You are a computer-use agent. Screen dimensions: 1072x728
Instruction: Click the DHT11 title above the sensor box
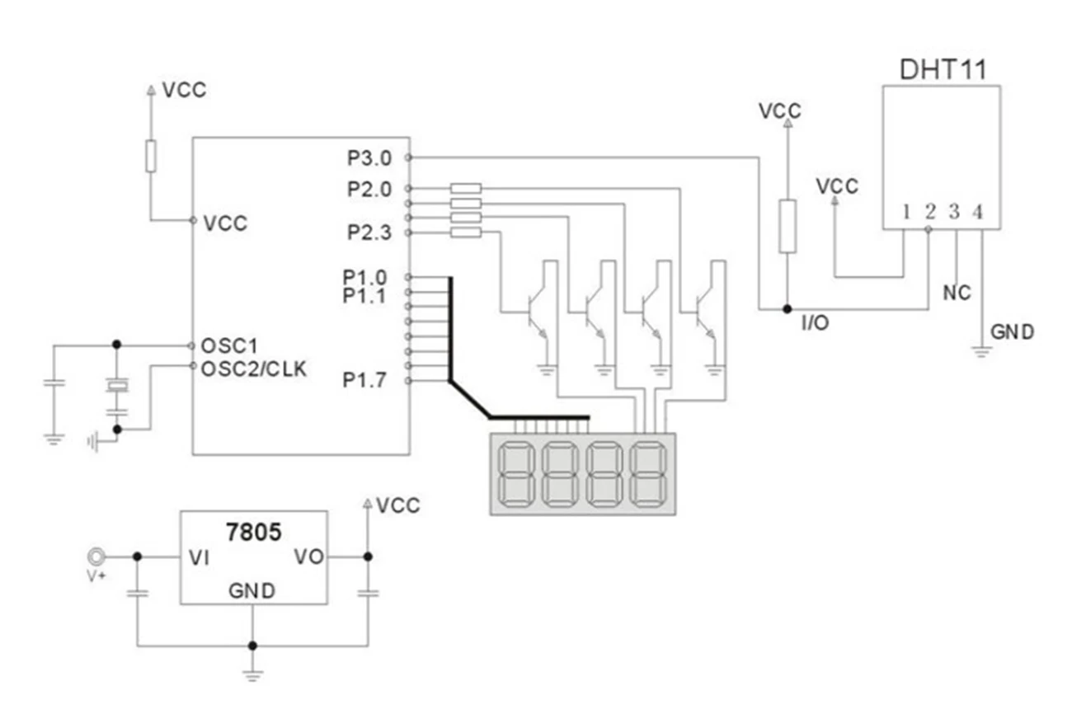(943, 70)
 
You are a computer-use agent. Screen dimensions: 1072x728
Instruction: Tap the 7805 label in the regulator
(254, 533)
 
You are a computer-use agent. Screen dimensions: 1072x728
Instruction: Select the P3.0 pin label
(369, 158)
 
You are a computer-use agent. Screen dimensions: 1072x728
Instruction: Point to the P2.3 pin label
(369, 232)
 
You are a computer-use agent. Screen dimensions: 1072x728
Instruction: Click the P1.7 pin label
(364, 381)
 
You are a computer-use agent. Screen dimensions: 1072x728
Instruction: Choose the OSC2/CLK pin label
(254, 369)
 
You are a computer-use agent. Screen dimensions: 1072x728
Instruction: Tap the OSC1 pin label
(229, 345)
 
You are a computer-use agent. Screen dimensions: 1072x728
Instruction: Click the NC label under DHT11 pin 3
(957, 293)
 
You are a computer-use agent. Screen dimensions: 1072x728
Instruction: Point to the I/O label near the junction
(816, 323)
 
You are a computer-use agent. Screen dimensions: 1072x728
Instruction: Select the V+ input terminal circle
(96, 557)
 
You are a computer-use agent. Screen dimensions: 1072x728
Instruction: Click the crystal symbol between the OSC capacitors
(117, 385)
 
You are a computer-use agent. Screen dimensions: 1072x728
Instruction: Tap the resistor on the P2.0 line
(466, 189)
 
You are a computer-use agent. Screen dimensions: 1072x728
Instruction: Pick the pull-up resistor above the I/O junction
(788, 227)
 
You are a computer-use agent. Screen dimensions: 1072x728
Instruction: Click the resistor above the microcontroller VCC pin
(151, 156)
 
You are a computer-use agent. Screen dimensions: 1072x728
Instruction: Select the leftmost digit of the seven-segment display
(516, 474)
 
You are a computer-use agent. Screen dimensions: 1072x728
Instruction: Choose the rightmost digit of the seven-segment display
(648, 474)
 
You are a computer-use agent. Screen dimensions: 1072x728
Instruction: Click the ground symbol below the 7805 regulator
(252, 676)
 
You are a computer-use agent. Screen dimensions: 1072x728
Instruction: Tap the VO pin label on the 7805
(308, 557)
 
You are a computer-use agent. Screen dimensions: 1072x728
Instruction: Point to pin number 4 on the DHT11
(978, 212)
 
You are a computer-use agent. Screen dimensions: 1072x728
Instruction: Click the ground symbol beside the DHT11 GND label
(981, 352)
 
